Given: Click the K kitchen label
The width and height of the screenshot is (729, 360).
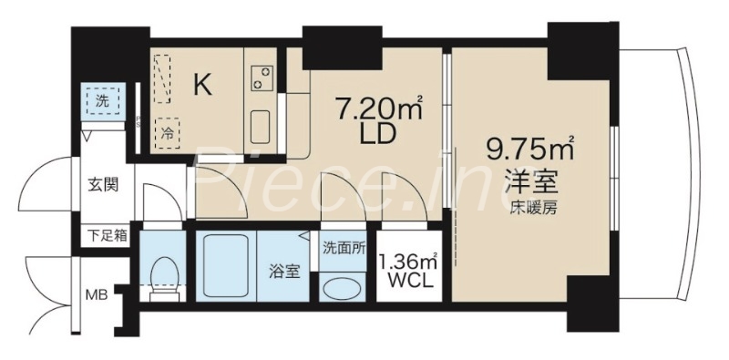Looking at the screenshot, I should (x=202, y=86).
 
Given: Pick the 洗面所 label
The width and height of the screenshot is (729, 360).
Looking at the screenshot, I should (x=344, y=246).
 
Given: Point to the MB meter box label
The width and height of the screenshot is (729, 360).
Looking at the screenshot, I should (x=95, y=294).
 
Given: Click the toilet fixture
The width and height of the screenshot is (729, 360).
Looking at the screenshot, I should (x=165, y=274).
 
